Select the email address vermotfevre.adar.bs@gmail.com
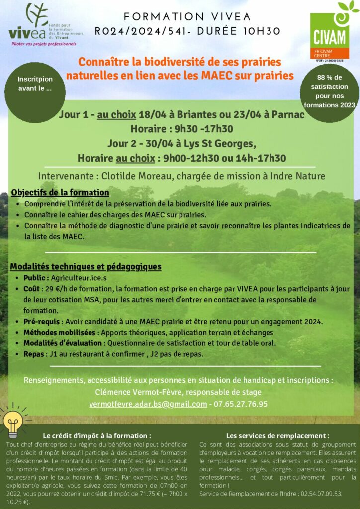tap(148, 404)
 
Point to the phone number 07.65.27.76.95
tap(241, 404)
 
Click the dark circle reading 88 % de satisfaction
tap(330, 91)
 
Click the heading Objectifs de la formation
tap(60, 192)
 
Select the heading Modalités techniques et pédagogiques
tap(86, 267)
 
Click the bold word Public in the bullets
tap(36, 278)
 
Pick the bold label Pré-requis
tap(43, 321)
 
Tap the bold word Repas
tap(34, 354)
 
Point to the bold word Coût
tap(32, 288)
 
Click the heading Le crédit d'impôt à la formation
tap(97, 435)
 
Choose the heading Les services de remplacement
tap(277, 435)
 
